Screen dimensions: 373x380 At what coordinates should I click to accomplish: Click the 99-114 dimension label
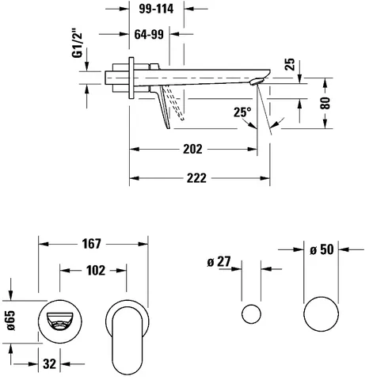(156, 9)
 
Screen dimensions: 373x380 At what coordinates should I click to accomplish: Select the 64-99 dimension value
(149, 34)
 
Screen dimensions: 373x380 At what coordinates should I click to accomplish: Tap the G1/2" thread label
(78, 45)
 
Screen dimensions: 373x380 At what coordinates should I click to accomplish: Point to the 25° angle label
(242, 112)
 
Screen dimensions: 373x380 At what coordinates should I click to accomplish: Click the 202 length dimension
(192, 149)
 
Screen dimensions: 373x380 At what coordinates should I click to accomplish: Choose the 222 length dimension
(196, 178)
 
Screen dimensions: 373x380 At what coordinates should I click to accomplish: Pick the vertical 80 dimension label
(325, 103)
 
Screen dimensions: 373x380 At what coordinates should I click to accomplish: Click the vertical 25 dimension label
(290, 64)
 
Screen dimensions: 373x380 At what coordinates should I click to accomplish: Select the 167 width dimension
(92, 244)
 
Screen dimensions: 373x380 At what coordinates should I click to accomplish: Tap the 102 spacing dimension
(96, 271)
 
